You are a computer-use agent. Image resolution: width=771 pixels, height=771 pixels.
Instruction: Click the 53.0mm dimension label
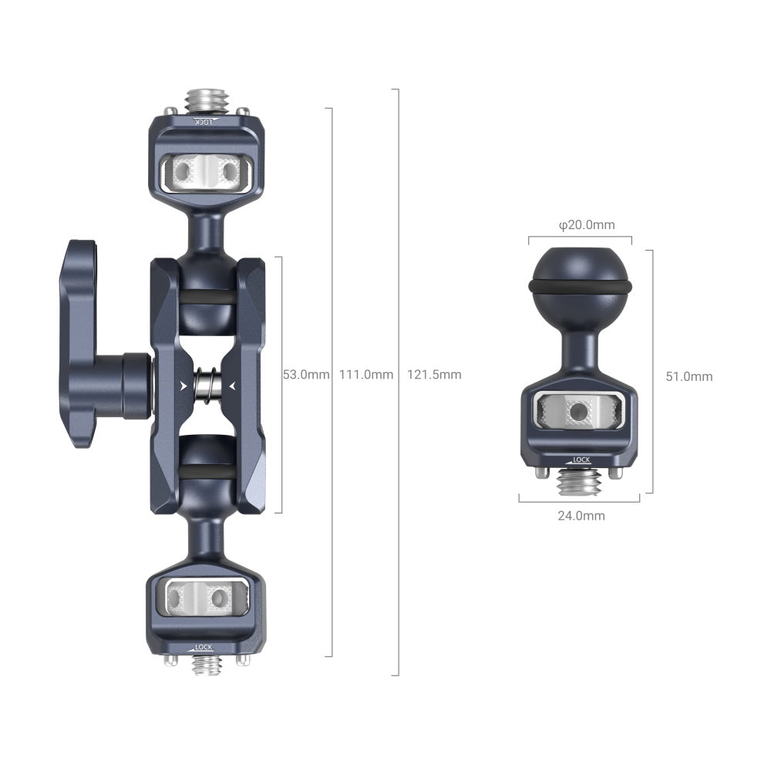point(306,375)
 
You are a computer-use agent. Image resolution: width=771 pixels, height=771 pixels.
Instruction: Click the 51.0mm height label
point(689,376)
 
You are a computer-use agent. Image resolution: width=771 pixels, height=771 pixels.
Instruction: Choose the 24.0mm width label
point(581,516)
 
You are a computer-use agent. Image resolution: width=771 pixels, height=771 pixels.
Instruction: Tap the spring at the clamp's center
point(207,381)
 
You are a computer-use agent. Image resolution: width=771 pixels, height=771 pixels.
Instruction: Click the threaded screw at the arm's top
point(204,99)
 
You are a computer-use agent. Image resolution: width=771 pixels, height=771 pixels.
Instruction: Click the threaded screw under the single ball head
point(578,484)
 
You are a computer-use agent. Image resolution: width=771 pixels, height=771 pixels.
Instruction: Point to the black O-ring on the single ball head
point(580,287)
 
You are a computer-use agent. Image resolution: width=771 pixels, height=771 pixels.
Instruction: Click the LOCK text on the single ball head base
point(580,460)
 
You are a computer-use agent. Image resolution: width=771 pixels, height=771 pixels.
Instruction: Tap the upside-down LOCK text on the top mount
point(202,122)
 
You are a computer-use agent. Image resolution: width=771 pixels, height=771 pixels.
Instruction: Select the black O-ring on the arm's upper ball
point(205,298)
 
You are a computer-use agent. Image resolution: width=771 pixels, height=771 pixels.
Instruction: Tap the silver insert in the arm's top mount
point(205,170)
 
